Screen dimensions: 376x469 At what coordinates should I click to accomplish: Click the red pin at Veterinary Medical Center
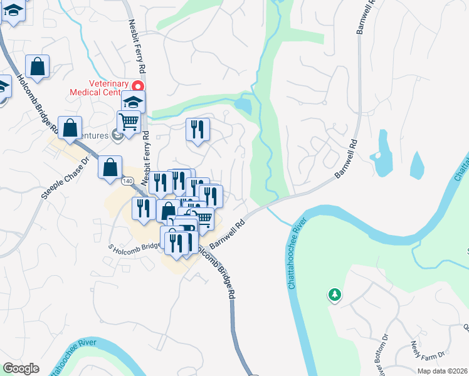135,86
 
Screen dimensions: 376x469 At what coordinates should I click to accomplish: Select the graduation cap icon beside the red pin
133,102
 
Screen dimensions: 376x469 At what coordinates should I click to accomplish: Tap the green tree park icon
335,294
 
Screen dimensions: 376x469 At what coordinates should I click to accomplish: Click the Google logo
21,368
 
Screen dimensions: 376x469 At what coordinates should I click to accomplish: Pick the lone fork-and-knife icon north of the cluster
198,130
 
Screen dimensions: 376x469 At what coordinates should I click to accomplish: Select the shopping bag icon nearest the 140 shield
110,167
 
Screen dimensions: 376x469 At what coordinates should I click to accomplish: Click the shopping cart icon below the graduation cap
129,122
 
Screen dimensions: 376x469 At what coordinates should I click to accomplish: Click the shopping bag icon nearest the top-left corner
38,66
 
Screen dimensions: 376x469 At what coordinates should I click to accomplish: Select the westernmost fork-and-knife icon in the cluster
144,207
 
